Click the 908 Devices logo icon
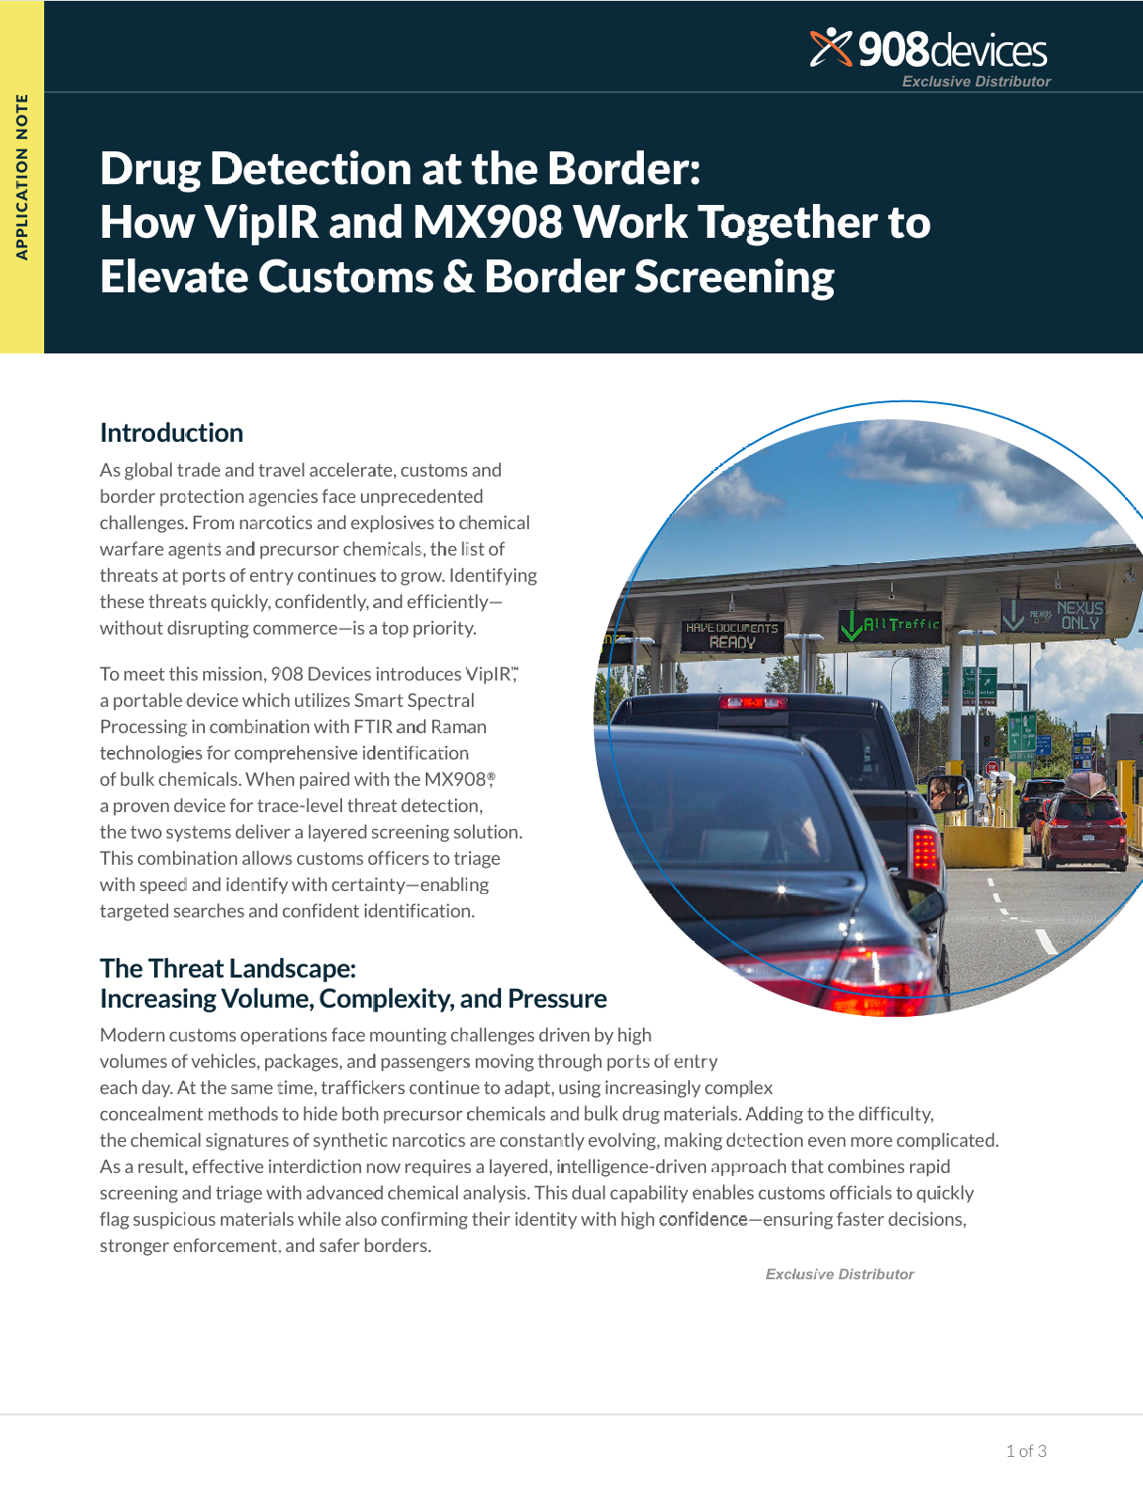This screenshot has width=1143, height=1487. (830, 48)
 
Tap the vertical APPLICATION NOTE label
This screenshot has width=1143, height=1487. (22, 177)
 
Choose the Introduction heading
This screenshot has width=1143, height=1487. (171, 432)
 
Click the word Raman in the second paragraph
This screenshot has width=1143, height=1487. (459, 727)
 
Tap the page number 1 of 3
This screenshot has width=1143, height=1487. (1026, 1450)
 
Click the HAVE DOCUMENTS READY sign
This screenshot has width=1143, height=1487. (732, 635)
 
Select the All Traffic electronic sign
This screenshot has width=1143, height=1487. (889, 624)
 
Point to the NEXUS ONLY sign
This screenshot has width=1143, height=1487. (1053, 615)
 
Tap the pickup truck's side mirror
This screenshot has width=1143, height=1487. (947, 791)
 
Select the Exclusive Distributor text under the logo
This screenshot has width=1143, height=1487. (976, 82)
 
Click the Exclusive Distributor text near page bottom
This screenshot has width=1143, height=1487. (839, 1274)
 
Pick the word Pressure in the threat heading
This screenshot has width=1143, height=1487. (556, 998)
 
